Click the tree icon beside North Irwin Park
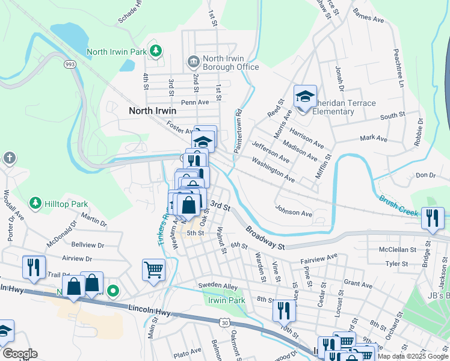pyautogui.click(x=156, y=51)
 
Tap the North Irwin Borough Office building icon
pyautogui.click(x=194, y=60)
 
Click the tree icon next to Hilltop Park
pyautogui.click(x=35, y=203)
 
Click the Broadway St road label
pyautogui.click(x=264, y=238)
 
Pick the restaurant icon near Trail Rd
pyautogui.click(x=34, y=268)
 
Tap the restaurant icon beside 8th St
pyautogui.click(x=284, y=312)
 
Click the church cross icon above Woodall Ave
pyautogui.click(x=9, y=158)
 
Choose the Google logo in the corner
pyautogui.click(x=20, y=354)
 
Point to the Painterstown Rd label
pyautogui.click(x=238, y=131)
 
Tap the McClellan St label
pyautogui.click(x=397, y=249)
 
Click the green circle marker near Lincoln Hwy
pyautogui.click(x=113, y=292)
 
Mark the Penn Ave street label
pyautogui.click(x=194, y=102)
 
